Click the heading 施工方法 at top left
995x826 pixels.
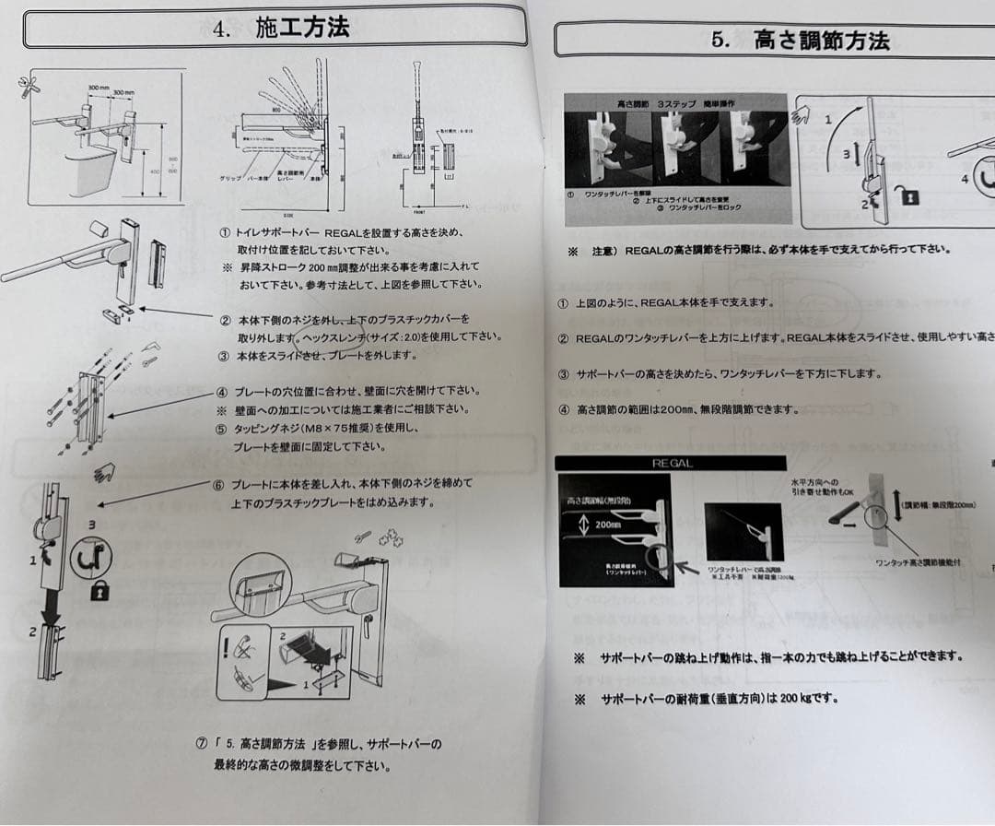click(x=302, y=28)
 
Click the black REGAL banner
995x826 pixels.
click(x=672, y=463)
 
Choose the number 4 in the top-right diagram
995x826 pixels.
click(x=965, y=177)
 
